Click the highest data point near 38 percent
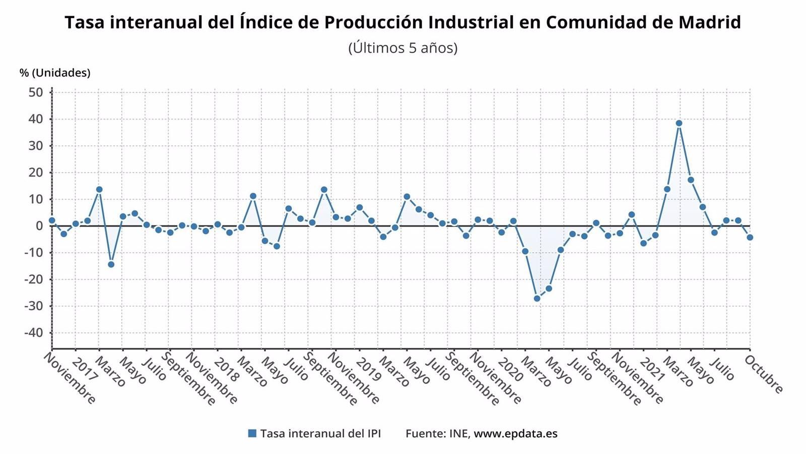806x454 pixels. [679, 123]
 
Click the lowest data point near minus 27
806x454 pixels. [537, 299]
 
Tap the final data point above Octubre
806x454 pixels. [750, 237]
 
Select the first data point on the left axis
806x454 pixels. [52, 220]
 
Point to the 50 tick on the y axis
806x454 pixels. [36, 92]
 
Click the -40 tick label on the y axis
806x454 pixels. [33, 333]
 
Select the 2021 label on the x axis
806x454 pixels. [652, 370]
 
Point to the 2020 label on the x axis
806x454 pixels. [510, 370]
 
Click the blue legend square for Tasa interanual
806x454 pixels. [252, 433]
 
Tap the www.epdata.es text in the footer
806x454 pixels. [515, 433]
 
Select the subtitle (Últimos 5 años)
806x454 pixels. [403, 48]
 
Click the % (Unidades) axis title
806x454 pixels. [55, 73]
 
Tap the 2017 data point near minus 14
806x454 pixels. [111, 264]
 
